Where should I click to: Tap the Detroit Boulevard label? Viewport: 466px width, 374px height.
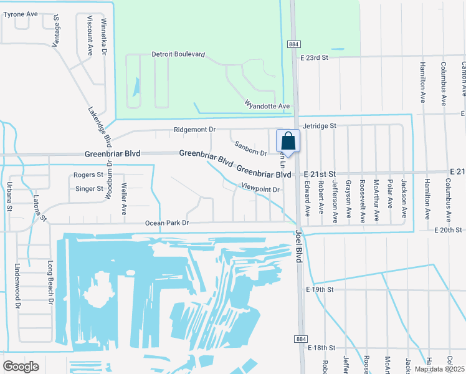pos(178,55)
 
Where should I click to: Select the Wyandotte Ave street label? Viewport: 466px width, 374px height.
pos(267,106)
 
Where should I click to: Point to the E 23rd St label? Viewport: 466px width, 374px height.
pos(313,57)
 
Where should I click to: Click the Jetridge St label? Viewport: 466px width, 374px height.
pos(319,126)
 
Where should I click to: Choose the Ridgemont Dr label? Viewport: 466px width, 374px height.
pos(194,130)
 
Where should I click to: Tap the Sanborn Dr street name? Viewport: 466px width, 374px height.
pos(250,148)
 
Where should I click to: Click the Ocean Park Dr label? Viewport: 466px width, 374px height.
pos(166,223)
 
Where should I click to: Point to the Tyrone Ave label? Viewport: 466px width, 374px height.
pos(21,14)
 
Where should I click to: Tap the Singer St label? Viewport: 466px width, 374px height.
pos(88,188)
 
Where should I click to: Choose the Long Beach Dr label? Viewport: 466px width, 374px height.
pos(50,284)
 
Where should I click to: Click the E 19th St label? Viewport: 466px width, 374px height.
pos(320,290)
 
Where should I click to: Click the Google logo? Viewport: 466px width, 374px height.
pos(21,367)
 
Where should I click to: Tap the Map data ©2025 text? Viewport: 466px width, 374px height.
pos(439,369)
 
